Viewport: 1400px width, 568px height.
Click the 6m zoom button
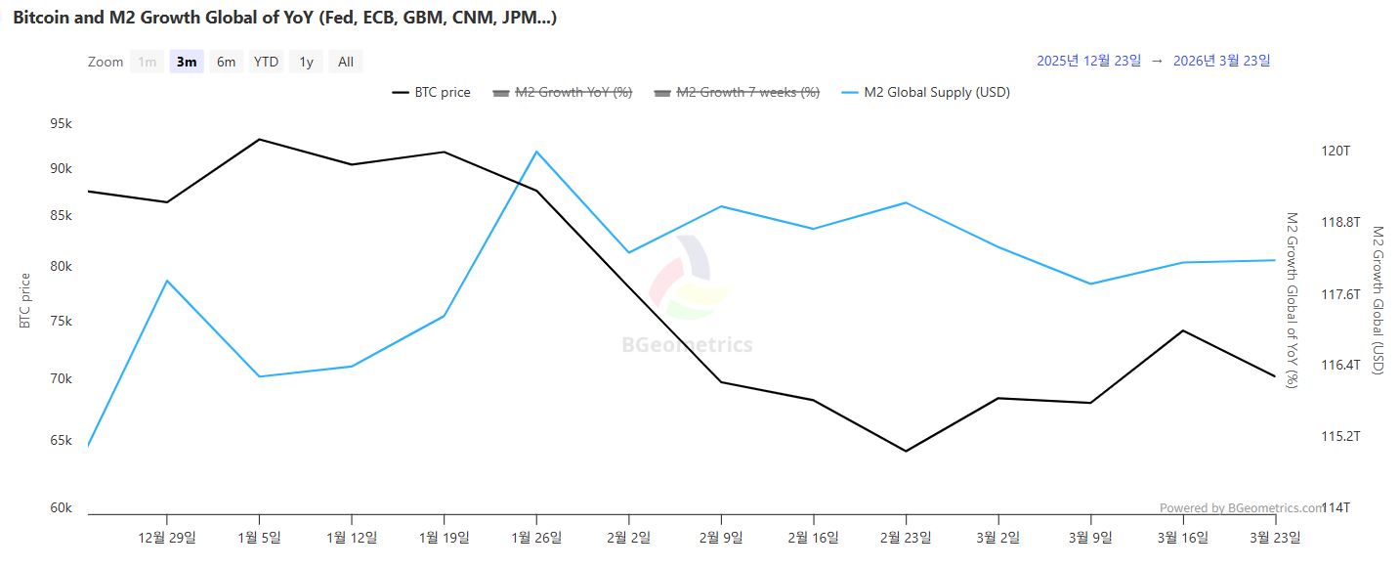pyautogui.click(x=226, y=62)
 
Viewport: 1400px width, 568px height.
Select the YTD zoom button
pyautogui.click(x=266, y=62)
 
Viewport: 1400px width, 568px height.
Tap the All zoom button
pyautogui.click(x=346, y=62)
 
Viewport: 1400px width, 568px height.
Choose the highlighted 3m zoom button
pyautogui.click(x=186, y=62)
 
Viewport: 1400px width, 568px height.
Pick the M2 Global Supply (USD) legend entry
pyautogui.click(x=936, y=93)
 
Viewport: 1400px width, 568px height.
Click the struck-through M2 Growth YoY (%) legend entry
pyautogui.click(x=573, y=93)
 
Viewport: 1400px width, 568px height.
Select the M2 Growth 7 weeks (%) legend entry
pyautogui.click(x=748, y=93)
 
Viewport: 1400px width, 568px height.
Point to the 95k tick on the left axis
pyautogui.click(x=61, y=124)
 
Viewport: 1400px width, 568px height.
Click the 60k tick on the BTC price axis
pyautogui.click(x=61, y=507)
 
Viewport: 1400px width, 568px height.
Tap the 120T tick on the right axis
pyautogui.click(x=1335, y=152)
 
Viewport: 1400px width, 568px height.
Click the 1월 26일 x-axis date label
pyautogui.click(x=535, y=537)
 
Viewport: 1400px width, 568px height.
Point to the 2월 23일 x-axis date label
pyautogui.click(x=906, y=537)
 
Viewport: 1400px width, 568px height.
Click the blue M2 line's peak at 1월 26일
pyautogui.click(x=536, y=152)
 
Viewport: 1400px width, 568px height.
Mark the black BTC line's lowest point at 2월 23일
pyautogui.click(x=907, y=451)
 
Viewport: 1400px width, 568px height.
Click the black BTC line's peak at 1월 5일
pyautogui.click(x=259, y=139)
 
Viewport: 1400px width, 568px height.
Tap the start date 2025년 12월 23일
pyautogui.click(x=1087, y=61)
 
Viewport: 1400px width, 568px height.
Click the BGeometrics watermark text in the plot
pyautogui.click(x=687, y=345)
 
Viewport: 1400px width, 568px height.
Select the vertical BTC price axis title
pyautogui.click(x=25, y=300)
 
